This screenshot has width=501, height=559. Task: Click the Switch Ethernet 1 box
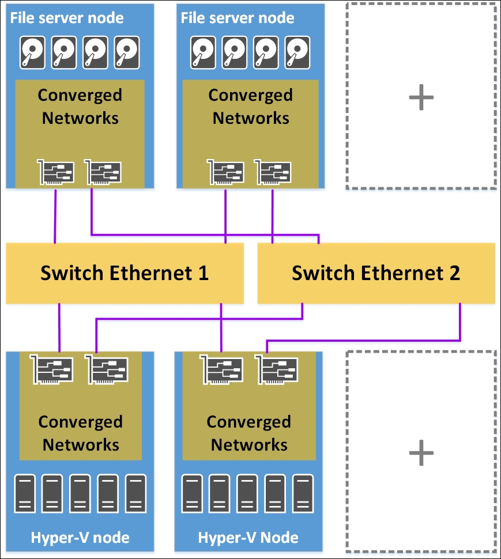click(125, 273)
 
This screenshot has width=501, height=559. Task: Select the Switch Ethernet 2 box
click(376, 273)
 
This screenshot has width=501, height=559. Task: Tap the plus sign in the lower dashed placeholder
click(421, 454)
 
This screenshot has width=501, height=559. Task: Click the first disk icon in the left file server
click(33, 53)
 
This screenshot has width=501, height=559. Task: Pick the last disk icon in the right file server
click(299, 53)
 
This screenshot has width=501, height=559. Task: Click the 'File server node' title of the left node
click(67, 18)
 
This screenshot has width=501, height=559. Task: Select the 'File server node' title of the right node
click(238, 18)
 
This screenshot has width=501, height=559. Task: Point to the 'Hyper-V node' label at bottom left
click(80, 539)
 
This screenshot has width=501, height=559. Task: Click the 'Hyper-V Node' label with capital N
click(248, 539)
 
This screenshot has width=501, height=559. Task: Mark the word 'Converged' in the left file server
click(80, 95)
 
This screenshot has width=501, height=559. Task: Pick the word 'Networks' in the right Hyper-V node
click(249, 445)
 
